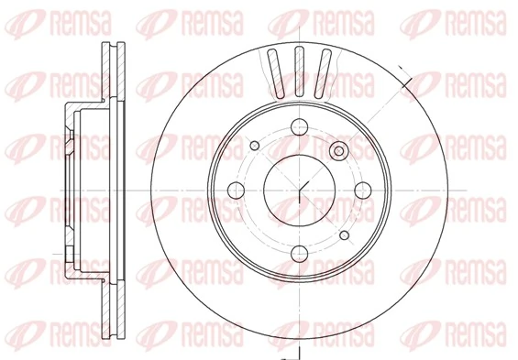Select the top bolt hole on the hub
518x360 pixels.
(300, 128)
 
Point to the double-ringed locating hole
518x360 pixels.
(340, 150)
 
